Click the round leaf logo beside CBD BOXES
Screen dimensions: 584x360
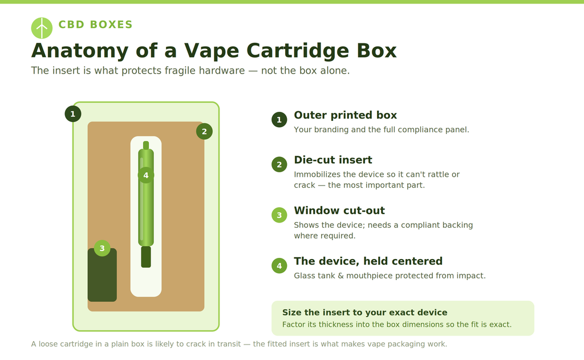(42, 28)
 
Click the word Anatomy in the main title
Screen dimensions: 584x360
(80, 51)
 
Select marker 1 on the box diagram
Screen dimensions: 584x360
(73, 114)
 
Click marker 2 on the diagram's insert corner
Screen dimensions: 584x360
(204, 131)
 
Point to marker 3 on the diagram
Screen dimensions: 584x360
(102, 248)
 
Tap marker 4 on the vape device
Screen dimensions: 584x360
(146, 175)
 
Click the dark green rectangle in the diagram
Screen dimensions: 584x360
(102, 275)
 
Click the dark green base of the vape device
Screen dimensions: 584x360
(146, 257)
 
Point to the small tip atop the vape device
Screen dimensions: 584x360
(146, 145)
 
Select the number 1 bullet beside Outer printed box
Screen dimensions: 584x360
(279, 120)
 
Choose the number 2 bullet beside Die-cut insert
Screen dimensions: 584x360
(279, 164)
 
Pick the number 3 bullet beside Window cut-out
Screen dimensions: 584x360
(279, 215)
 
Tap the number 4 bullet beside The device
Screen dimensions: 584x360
(279, 266)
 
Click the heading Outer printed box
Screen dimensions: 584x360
(345, 115)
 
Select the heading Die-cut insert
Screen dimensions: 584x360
(333, 160)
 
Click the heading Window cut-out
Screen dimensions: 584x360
(339, 211)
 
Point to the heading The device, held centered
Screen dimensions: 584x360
(368, 261)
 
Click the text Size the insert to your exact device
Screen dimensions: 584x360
(364, 312)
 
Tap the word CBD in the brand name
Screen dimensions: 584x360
(71, 25)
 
